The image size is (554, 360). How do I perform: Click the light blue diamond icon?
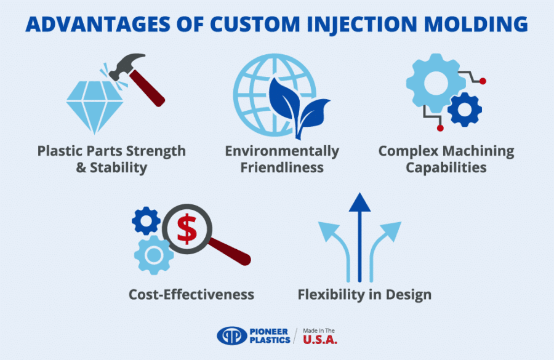(x=92, y=105)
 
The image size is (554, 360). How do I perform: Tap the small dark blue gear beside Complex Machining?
(x=464, y=110)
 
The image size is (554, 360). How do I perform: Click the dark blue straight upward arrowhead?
(x=360, y=203)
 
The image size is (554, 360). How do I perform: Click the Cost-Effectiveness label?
(x=191, y=295)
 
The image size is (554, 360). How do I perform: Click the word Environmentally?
(x=282, y=151)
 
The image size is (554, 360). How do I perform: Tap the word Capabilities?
(x=446, y=167)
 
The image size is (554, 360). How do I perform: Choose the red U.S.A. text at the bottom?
(x=319, y=339)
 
